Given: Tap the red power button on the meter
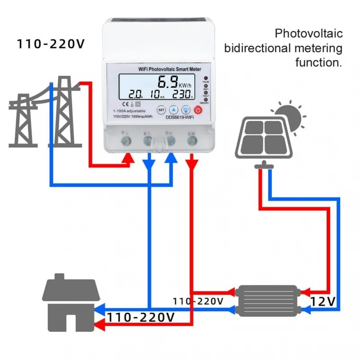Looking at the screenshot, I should [x=198, y=109].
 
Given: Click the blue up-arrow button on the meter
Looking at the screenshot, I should [x=174, y=109].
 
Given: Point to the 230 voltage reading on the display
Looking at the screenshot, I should [x=182, y=94].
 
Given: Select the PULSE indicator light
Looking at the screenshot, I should [x=206, y=78].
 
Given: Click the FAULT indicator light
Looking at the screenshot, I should [x=206, y=92].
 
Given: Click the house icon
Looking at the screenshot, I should [x=71, y=302].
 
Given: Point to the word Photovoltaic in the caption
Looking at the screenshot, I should [x=309, y=34].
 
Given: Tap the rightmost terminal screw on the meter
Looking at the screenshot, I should [x=193, y=141].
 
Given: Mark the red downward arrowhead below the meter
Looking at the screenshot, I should [x=192, y=164].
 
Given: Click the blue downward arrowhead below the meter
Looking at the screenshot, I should [x=149, y=164].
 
